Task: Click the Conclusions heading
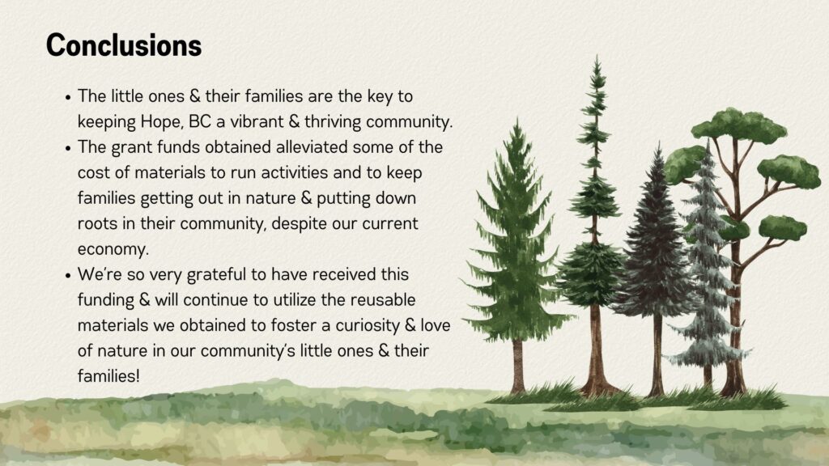click(124, 45)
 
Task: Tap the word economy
click(113, 249)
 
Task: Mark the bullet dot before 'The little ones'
click(68, 98)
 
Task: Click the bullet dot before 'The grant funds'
click(68, 149)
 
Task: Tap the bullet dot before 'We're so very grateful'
click(68, 276)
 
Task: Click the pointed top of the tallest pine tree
click(597, 56)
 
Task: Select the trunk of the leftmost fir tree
click(518, 366)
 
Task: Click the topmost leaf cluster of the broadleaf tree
click(738, 125)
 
